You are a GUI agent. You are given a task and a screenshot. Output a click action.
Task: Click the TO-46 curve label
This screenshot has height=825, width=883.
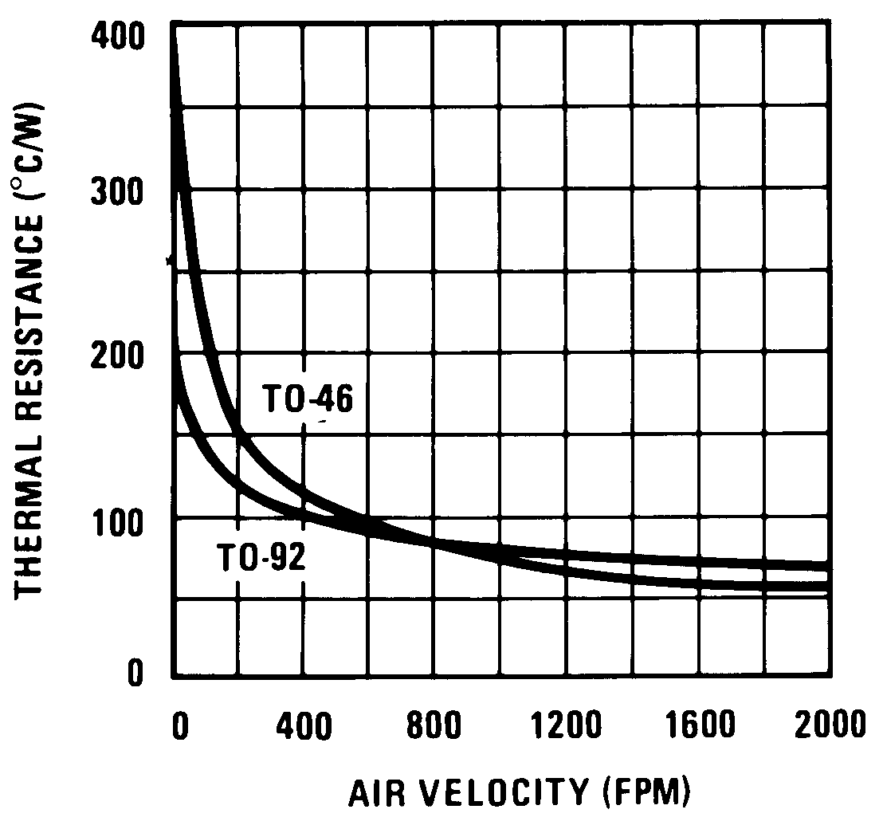coord(308,400)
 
